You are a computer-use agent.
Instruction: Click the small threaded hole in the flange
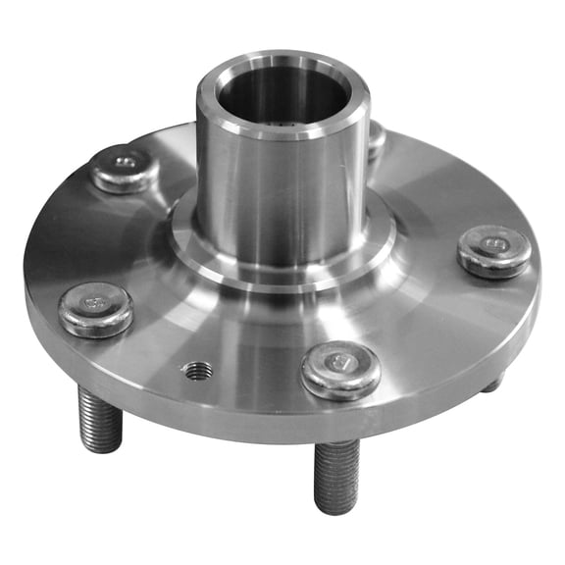(198, 371)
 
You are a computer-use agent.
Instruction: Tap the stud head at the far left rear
(126, 169)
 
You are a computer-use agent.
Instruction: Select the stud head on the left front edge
(95, 308)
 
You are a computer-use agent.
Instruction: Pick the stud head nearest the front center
(340, 369)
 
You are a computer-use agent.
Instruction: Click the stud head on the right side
(494, 250)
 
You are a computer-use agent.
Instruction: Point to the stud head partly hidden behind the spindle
(377, 138)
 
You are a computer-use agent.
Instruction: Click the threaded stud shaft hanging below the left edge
(100, 417)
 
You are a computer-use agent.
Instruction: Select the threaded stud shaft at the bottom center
(337, 475)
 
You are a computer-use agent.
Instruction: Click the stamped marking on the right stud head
(495, 243)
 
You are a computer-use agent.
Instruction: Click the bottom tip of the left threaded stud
(102, 446)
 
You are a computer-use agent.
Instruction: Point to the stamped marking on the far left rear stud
(126, 162)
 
